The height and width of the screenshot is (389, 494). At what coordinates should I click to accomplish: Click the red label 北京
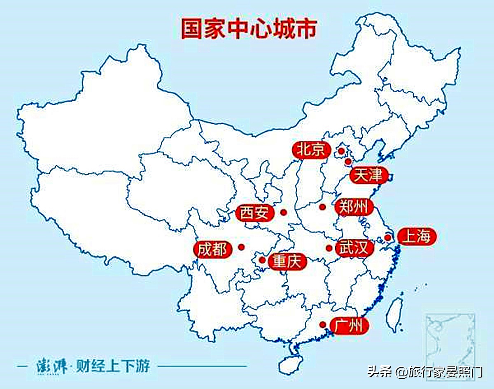[x=312, y=150]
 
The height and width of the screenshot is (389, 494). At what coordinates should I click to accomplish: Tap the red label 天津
[x=369, y=176]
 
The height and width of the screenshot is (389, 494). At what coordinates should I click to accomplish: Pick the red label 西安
[x=256, y=213]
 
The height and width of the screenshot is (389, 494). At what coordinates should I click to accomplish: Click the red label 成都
[x=212, y=249]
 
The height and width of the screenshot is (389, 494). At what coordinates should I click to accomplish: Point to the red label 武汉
[x=354, y=248]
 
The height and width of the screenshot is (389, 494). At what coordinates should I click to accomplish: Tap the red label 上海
[x=417, y=237]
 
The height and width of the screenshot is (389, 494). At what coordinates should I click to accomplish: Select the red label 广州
[x=349, y=326]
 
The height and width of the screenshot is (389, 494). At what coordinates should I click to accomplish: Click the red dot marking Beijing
[x=341, y=151]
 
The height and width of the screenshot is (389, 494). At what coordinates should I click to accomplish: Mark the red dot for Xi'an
[x=283, y=212]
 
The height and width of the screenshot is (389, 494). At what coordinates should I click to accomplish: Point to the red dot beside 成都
[x=241, y=247]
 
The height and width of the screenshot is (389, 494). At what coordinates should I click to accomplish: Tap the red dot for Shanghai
[x=387, y=237]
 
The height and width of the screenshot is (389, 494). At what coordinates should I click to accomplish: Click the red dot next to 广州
[x=323, y=324]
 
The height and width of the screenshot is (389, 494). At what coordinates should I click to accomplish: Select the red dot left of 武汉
[x=329, y=248]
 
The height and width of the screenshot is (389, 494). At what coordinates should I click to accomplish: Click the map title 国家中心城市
[x=249, y=28]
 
